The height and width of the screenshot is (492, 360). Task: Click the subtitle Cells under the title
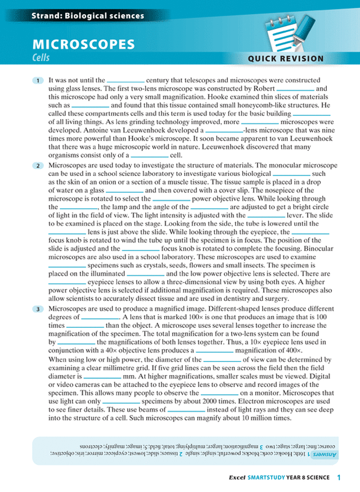click(41, 57)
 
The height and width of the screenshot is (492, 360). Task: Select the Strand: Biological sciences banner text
click(72, 16)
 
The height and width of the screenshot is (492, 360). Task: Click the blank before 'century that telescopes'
click(126, 80)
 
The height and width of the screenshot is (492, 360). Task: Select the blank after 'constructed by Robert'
click(295, 89)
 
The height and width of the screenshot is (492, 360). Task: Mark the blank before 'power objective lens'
click(172, 198)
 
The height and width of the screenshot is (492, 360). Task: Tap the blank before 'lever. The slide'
click(267, 215)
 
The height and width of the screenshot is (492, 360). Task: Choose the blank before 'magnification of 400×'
click(214, 350)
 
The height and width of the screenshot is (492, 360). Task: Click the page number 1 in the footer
click(339, 477)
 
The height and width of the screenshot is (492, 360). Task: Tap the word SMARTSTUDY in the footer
click(268, 478)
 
